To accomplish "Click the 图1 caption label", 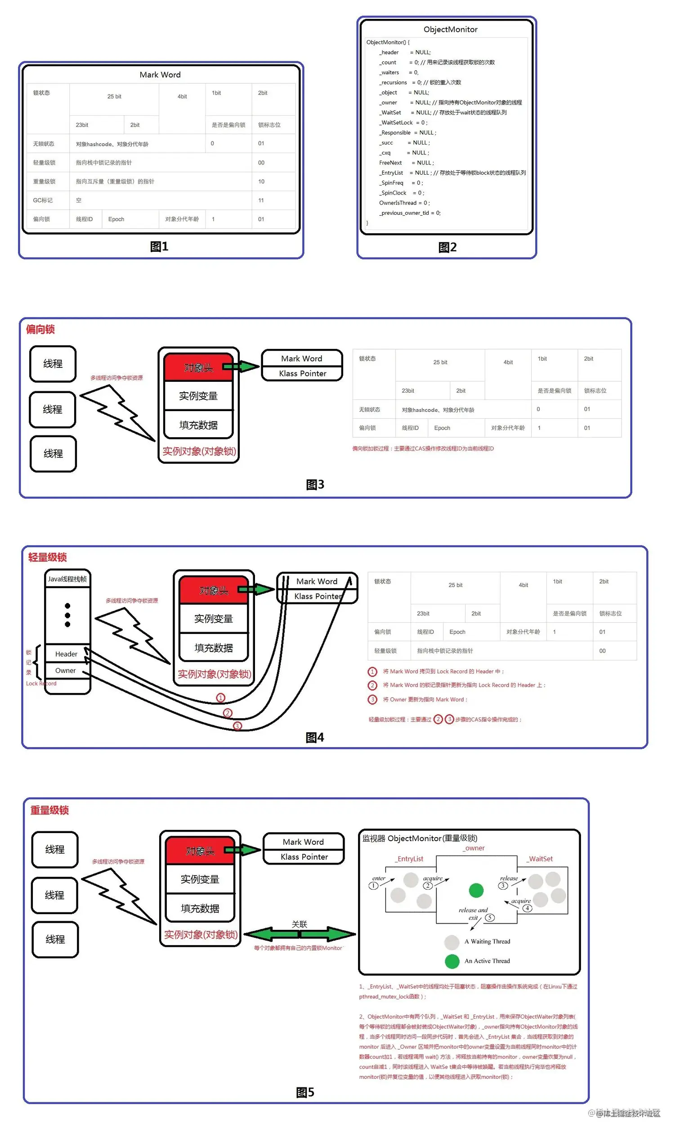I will click(159, 246).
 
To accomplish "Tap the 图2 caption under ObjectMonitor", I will click(447, 247).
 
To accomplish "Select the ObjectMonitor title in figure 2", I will click(450, 29).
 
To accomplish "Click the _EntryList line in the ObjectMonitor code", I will click(452, 173).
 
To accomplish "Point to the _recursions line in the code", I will click(419, 82).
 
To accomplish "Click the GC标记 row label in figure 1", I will click(43, 200).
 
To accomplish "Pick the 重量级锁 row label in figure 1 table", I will click(44, 181).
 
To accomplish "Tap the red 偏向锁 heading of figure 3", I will click(40, 329).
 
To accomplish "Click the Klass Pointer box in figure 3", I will click(302, 373).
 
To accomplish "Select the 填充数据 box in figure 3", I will click(198, 425).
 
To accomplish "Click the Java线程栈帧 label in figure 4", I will click(67, 579).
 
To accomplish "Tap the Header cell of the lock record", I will click(67, 654).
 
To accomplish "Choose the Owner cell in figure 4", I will click(66, 670).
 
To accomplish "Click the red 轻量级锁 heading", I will click(47, 557).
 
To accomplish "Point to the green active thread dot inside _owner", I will click(476, 890).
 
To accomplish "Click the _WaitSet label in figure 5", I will click(540, 859).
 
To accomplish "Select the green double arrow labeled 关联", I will click(300, 934).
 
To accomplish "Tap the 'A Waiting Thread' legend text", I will click(487, 942).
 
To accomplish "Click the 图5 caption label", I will click(305, 1092).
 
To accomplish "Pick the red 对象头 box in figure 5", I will click(200, 851).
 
